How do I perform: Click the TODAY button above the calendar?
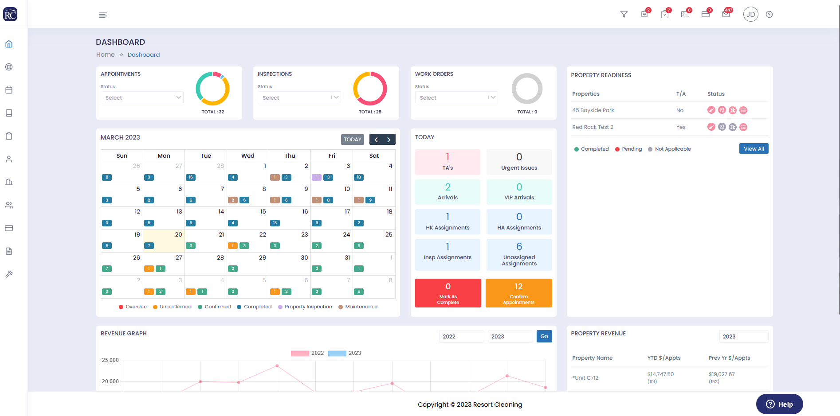click(x=353, y=140)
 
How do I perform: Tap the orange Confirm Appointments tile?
click(x=518, y=293)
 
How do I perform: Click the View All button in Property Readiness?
click(x=754, y=149)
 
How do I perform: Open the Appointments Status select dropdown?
click(x=142, y=97)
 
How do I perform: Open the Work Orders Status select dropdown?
click(x=456, y=97)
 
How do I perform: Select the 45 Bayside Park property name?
click(x=593, y=110)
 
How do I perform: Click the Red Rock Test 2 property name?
click(x=593, y=127)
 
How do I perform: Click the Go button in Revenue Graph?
click(x=544, y=336)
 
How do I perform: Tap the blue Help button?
click(x=779, y=404)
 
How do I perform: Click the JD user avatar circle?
click(x=750, y=15)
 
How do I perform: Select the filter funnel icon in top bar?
click(x=624, y=15)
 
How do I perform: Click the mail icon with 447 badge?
click(x=726, y=14)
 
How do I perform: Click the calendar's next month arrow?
click(x=389, y=140)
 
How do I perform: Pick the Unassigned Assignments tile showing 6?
click(x=519, y=254)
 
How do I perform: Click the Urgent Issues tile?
click(x=519, y=162)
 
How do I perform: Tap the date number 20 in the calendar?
click(x=178, y=235)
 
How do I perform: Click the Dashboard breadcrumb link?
click(x=144, y=55)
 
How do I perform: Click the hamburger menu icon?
click(x=103, y=15)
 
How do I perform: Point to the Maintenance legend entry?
click(x=361, y=307)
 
